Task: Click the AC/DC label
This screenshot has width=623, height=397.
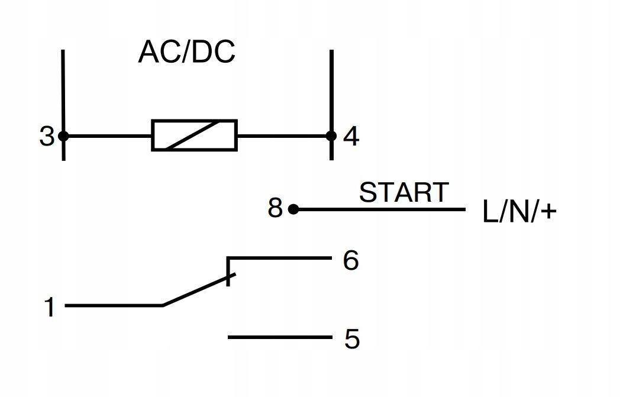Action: coord(187,51)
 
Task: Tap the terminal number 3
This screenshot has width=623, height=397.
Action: coord(47,136)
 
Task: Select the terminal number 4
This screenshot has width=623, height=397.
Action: coord(351,136)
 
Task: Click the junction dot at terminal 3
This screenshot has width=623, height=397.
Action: coord(63,136)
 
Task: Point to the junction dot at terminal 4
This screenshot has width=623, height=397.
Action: coord(331,136)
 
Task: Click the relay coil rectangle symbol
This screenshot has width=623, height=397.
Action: coord(194,135)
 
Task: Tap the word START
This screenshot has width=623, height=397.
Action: coord(404,192)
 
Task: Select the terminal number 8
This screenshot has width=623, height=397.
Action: coord(275,208)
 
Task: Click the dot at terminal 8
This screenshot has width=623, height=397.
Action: coord(293,209)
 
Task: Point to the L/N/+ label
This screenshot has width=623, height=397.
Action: coord(519,212)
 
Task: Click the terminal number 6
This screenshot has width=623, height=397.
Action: coord(351,260)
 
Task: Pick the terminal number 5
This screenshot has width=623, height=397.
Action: coord(351,339)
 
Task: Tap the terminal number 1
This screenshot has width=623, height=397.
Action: coord(50,307)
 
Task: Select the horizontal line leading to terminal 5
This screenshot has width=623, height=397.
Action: coord(280,337)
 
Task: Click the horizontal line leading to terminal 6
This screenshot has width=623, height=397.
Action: coord(280,259)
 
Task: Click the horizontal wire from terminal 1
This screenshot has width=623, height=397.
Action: coord(114,305)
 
